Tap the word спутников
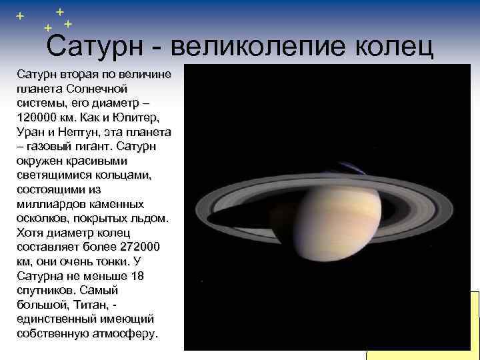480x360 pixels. click(46, 290)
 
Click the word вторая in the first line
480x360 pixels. click(80, 74)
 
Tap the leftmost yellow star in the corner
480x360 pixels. click(19, 15)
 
